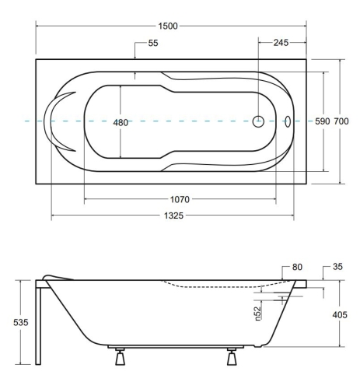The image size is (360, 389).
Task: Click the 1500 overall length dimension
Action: click(x=168, y=26)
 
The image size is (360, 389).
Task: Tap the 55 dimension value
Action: click(x=153, y=43)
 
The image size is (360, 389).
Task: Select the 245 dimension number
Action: click(x=281, y=43)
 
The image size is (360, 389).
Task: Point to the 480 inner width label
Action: click(x=121, y=122)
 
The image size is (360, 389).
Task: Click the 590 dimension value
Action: click(x=323, y=121)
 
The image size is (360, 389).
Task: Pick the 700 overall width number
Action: click(x=341, y=121)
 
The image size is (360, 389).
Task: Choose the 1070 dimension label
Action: click(x=180, y=199)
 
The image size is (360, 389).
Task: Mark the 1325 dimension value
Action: click(x=173, y=216)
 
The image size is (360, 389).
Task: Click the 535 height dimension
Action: click(x=21, y=322)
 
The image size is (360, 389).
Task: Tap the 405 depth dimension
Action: click(x=340, y=315)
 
